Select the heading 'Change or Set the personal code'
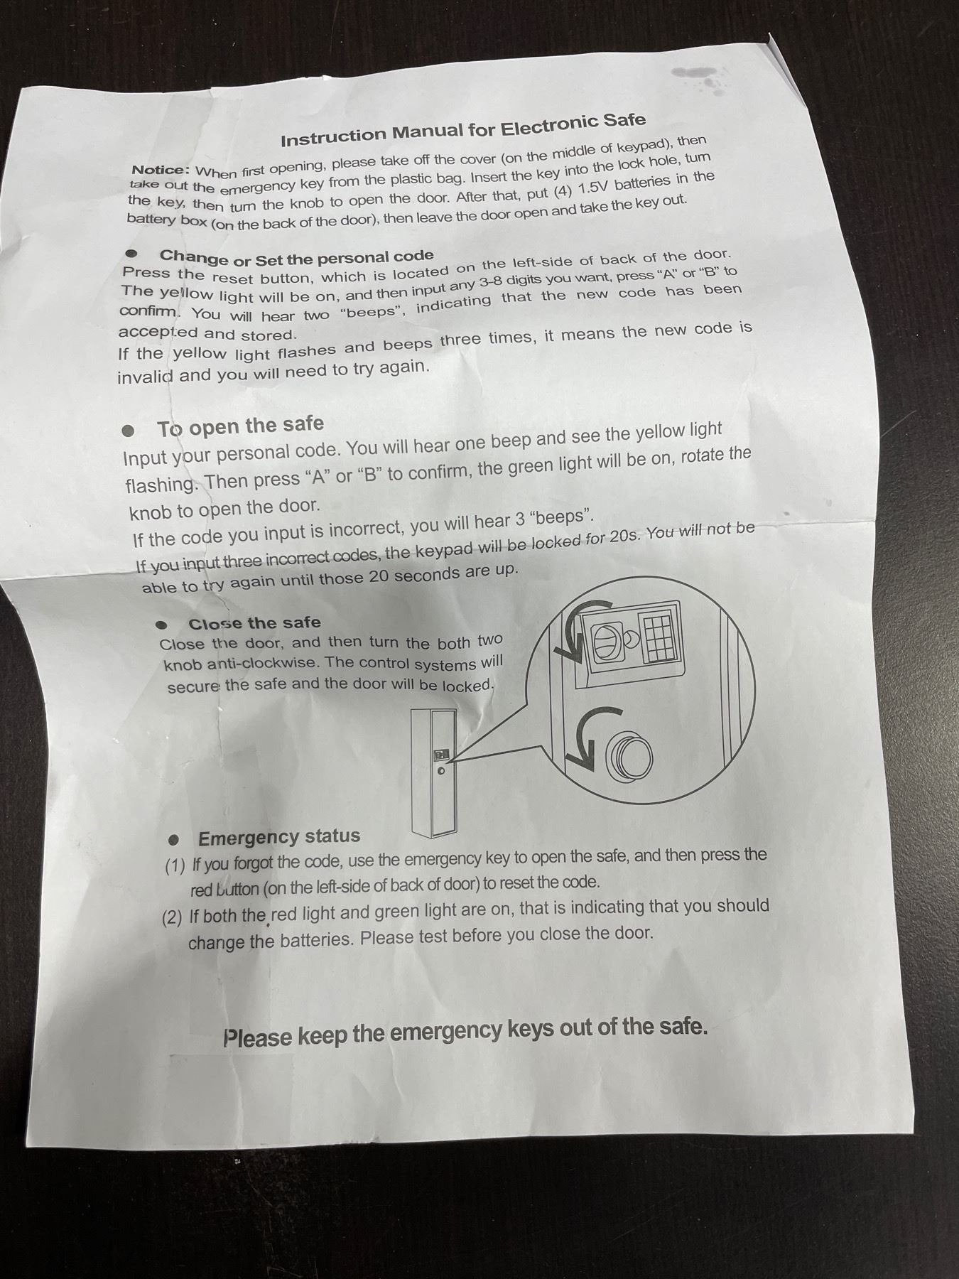point(296,257)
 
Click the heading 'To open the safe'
point(240,427)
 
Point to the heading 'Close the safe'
point(254,624)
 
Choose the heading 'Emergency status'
point(279,837)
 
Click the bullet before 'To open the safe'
point(128,431)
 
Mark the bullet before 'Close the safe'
point(161,625)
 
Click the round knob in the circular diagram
point(629,755)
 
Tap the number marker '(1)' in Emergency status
point(175,867)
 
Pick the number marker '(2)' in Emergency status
point(172,917)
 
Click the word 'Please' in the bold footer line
point(257,1037)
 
